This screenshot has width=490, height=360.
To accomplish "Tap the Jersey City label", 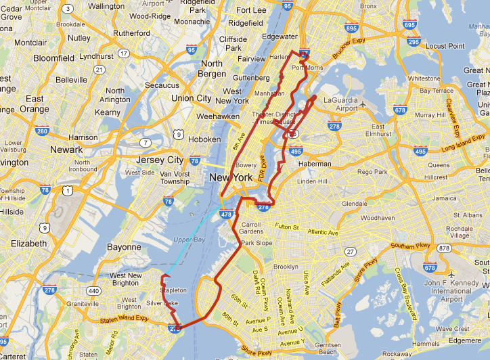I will click(x=160, y=160).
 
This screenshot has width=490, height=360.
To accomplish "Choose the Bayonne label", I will click(x=125, y=247).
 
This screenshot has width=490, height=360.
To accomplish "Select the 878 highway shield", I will click(x=444, y=248).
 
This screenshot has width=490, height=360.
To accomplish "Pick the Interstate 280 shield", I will click(x=42, y=131).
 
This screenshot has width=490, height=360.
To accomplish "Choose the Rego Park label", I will click(x=372, y=172).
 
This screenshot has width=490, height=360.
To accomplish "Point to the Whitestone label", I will click(x=424, y=78).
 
